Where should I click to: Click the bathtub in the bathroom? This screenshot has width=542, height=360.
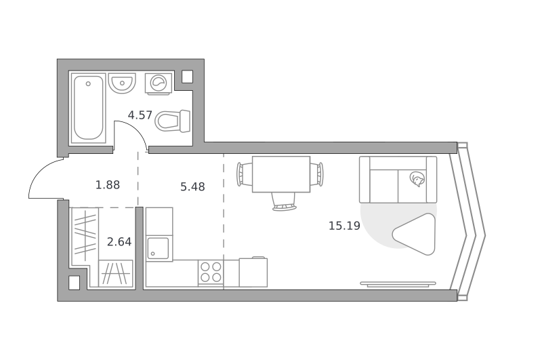pos(89,108)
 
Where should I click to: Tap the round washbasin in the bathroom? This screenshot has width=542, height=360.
pos(122,83)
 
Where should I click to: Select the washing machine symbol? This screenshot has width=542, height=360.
pos(159,83)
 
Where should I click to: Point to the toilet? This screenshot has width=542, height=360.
pos(173,121)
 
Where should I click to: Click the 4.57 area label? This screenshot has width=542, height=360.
pos(140,115)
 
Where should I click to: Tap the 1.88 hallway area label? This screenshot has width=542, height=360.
pos(108,185)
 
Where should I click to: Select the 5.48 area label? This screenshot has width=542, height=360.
pos(192,186)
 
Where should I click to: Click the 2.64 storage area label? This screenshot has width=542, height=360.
pos(119,242)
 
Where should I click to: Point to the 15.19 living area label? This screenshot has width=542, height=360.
pos(344,226)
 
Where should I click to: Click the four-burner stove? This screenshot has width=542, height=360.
pos(211,273)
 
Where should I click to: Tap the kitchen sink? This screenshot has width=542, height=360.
pos(159,248)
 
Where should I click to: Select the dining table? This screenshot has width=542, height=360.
pos(281,174)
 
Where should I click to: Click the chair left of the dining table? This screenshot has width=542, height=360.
pos(245,174)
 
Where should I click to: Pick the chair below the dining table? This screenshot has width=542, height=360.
pos(284,201)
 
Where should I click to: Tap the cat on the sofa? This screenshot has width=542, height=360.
pos(417,180)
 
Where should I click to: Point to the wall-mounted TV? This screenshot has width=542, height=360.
pos(398,284)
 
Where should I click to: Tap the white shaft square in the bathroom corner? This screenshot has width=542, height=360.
pos(187,77)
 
